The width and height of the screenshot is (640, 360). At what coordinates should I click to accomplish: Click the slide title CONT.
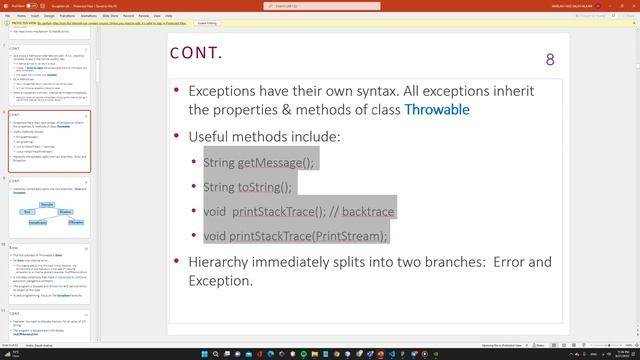197,53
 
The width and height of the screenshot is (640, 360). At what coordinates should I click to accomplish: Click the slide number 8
549,60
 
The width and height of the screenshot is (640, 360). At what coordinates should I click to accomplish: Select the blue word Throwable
436,109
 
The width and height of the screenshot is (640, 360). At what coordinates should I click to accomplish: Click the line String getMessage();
258,162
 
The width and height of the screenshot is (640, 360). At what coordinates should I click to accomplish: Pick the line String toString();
247,187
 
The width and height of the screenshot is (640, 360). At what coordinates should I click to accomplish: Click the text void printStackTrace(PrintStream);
294,236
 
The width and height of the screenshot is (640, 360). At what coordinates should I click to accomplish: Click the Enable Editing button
207,23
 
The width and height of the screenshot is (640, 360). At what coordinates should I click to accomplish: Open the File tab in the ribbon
7,16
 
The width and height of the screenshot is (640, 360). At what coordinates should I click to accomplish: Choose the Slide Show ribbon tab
110,16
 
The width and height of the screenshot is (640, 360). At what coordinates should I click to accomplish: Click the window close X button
631,6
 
